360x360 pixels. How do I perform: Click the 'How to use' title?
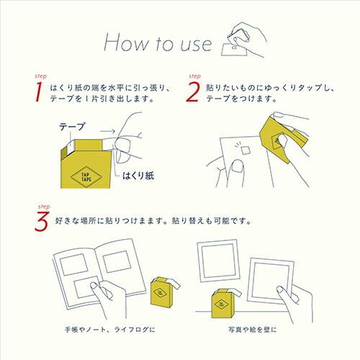tap(158, 43)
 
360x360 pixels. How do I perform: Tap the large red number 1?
tap(38, 91)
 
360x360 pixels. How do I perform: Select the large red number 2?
tap(193, 91)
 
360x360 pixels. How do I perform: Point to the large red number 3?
tap(42, 222)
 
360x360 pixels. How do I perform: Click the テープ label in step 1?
tap(72, 127)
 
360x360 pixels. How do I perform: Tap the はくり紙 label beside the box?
tap(138, 176)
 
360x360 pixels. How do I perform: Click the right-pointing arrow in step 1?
tap(108, 131)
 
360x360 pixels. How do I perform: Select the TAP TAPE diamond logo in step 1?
tap(86, 177)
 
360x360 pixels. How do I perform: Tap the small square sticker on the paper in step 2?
tap(246, 151)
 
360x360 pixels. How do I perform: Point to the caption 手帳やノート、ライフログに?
tap(110, 330)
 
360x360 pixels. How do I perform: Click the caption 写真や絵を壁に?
tap(253, 330)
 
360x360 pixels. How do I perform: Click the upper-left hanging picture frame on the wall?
tap(218, 260)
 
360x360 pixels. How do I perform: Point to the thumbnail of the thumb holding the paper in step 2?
tap(237, 166)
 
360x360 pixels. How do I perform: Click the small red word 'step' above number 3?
tap(44, 207)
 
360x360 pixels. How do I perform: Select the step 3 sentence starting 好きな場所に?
tap(153, 221)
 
